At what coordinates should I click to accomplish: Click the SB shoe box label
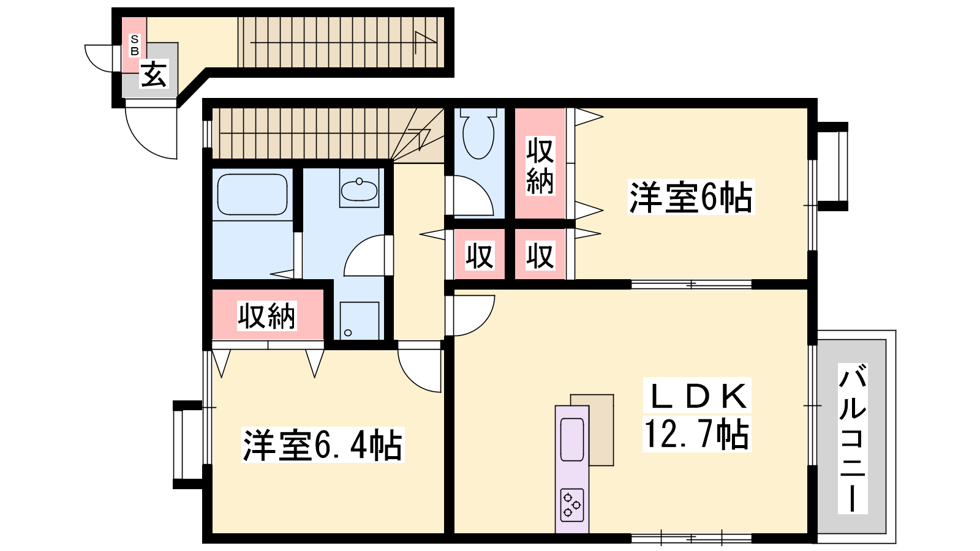134,45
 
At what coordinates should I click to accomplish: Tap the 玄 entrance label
154,74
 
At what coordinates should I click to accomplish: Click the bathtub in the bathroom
252,195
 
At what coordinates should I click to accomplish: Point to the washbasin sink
359,190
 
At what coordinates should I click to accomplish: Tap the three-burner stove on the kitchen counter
572,505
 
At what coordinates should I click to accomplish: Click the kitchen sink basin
572,440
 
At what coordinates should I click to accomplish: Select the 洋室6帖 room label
692,197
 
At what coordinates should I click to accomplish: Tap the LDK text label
697,395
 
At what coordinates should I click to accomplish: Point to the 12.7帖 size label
696,433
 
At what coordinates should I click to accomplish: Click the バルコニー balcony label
853,438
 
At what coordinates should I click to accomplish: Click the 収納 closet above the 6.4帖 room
267,315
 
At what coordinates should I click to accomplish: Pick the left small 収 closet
480,255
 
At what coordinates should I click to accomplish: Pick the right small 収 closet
540,255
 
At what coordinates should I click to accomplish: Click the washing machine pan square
359,321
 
